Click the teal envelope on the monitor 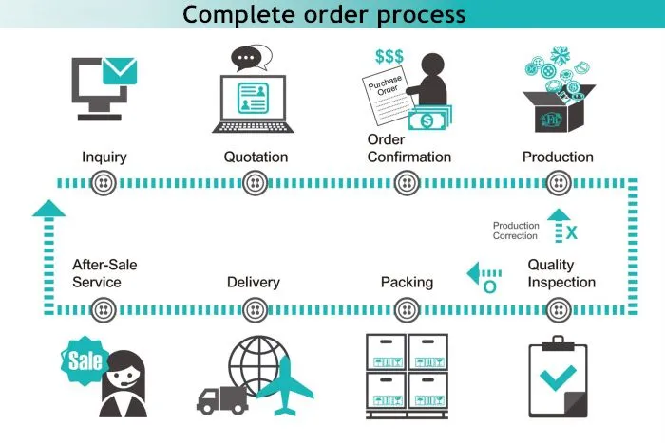click(x=120, y=71)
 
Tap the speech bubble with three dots click(x=245, y=59)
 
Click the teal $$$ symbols click(x=389, y=56)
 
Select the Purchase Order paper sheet click(x=387, y=100)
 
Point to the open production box click(x=559, y=108)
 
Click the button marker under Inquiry click(x=104, y=183)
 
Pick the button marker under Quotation click(x=256, y=183)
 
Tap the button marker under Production click(x=559, y=183)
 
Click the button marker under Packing click(x=407, y=310)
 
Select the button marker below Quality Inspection click(x=559, y=310)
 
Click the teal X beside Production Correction click(x=572, y=232)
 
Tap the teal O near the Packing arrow click(x=490, y=287)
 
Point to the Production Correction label click(x=516, y=231)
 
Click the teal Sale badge click(x=85, y=360)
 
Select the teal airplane click(x=286, y=386)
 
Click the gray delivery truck click(x=222, y=400)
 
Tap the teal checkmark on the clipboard click(x=558, y=378)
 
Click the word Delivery click(x=254, y=283)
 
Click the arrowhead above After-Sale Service click(x=48, y=209)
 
